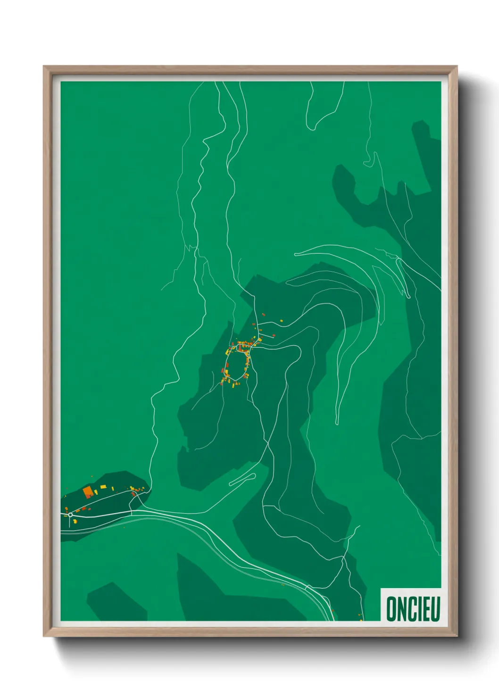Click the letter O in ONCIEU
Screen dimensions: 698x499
pyautogui.click(x=391, y=609)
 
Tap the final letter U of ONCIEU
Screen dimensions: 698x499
pyautogui.click(x=435, y=609)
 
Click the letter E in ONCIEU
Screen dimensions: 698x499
pyautogui.click(x=425, y=609)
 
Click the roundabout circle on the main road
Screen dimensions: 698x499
pyautogui.click(x=70, y=515)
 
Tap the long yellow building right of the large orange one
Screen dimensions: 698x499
pyautogui.click(x=103, y=486)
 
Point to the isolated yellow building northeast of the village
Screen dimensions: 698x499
pyautogui.click(x=282, y=321)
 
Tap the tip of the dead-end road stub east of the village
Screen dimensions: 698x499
pyautogui.click(x=274, y=336)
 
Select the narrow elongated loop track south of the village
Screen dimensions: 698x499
pyautogui.click(x=242, y=480)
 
